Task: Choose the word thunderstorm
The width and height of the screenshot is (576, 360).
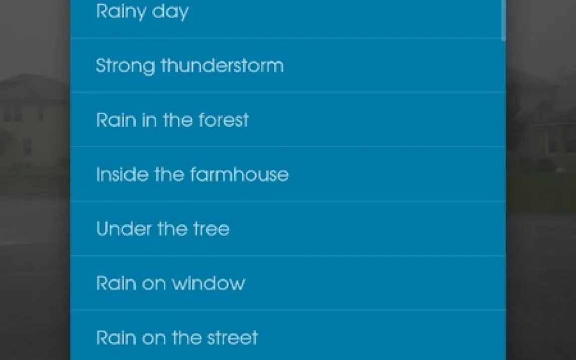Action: [222, 65]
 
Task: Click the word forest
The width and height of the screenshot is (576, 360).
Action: [224, 120]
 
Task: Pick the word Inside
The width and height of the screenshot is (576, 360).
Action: [122, 174]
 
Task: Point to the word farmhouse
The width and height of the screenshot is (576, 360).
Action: [240, 174]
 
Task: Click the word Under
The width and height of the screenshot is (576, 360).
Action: [124, 228]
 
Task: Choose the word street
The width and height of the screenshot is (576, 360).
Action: [233, 337]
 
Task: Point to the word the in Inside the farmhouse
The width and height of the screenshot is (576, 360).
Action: [169, 174]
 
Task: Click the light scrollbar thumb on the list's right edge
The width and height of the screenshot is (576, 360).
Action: [503, 19]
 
